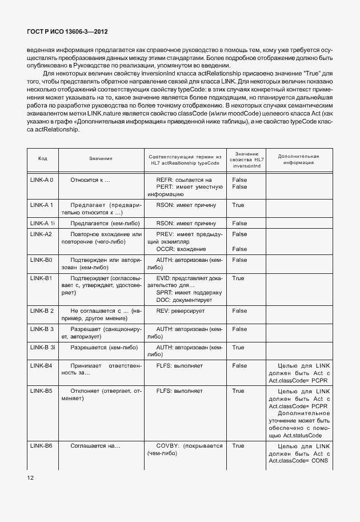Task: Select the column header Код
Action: pos(42,158)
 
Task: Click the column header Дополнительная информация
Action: pos(297,159)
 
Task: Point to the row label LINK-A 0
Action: pos(42,180)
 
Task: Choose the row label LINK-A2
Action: pos(41,234)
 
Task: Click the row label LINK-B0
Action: pos(41,260)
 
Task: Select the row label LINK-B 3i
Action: pos(42,348)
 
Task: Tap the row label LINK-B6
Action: pos(41,445)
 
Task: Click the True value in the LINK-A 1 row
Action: pos(238,205)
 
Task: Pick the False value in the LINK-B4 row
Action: pos(239,365)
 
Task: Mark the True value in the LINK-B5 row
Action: pos(238,391)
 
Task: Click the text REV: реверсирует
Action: pos(180,310)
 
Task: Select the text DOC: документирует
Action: pos(184,300)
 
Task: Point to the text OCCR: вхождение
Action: pos(181,249)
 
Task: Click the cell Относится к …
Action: pos(90,180)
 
